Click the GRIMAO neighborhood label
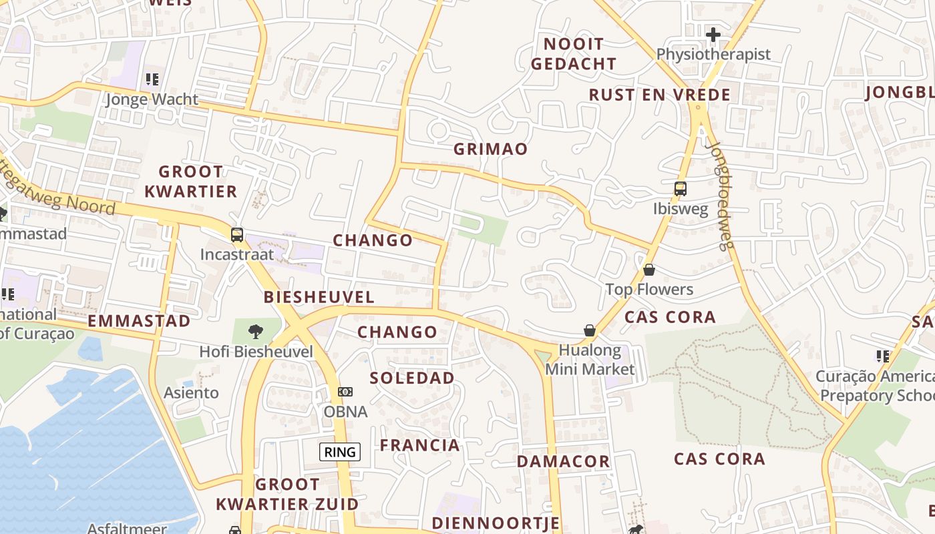click(x=490, y=149)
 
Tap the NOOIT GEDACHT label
click(x=574, y=54)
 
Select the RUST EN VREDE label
click(x=659, y=95)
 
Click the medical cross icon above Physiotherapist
click(x=713, y=34)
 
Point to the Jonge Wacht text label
click(x=152, y=99)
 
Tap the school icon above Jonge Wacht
click(x=152, y=79)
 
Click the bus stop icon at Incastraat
click(x=237, y=234)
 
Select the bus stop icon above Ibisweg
click(x=680, y=189)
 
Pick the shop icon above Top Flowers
click(x=648, y=270)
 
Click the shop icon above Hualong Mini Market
click(x=590, y=330)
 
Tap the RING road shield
click(x=340, y=452)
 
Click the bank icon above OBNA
click(x=345, y=392)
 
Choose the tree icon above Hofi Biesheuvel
click(x=255, y=332)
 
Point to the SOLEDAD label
click(x=412, y=378)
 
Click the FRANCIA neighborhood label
click(x=420, y=445)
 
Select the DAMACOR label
click(x=564, y=461)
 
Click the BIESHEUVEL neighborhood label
click(x=319, y=297)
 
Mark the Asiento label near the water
click(x=191, y=392)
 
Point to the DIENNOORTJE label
click(x=496, y=523)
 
